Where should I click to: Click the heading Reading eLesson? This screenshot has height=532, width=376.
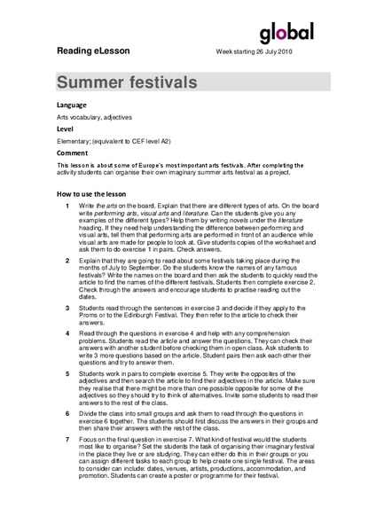(93, 51)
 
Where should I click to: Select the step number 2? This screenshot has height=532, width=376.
(68, 263)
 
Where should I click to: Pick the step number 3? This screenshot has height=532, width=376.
(68, 307)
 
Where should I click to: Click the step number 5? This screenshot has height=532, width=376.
(68, 373)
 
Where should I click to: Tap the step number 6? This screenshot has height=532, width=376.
(68, 414)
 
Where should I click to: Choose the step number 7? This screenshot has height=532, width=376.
(68, 441)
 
